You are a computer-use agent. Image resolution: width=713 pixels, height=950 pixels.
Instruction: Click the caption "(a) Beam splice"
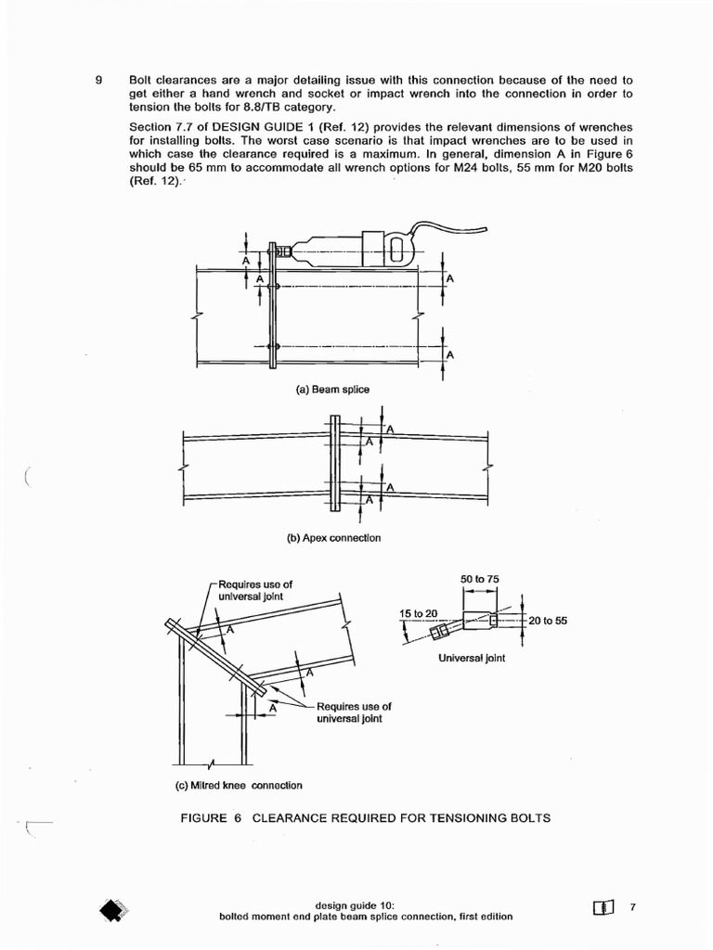332,390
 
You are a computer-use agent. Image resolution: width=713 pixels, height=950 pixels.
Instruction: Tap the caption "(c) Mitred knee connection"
239,785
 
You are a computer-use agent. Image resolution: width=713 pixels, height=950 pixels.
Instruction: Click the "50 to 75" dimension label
480,580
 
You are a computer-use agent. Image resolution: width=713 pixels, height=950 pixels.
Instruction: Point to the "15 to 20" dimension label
419,613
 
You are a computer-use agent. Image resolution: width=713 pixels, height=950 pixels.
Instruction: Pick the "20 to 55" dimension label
548,621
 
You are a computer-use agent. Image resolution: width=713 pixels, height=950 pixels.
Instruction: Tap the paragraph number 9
98,79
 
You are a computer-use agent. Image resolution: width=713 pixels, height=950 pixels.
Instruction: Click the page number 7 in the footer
632,907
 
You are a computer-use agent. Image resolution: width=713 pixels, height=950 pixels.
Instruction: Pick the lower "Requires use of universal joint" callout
354,712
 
